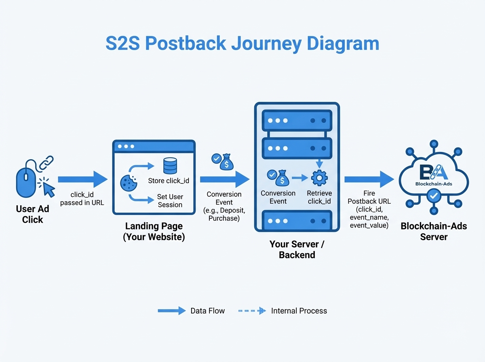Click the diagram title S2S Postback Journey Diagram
(x=242, y=44)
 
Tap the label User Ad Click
(x=32, y=214)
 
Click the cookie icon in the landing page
(x=129, y=183)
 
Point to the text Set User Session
(x=170, y=201)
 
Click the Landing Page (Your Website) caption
(x=154, y=232)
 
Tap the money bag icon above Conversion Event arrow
(x=226, y=162)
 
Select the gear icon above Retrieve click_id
(x=319, y=177)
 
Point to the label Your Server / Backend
(x=297, y=249)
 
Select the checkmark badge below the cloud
(x=434, y=197)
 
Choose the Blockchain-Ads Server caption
(x=434, y=231)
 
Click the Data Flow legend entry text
(x=207, y=311)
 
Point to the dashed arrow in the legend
(x=252, y=311)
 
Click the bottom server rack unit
(x=297, y=221)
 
